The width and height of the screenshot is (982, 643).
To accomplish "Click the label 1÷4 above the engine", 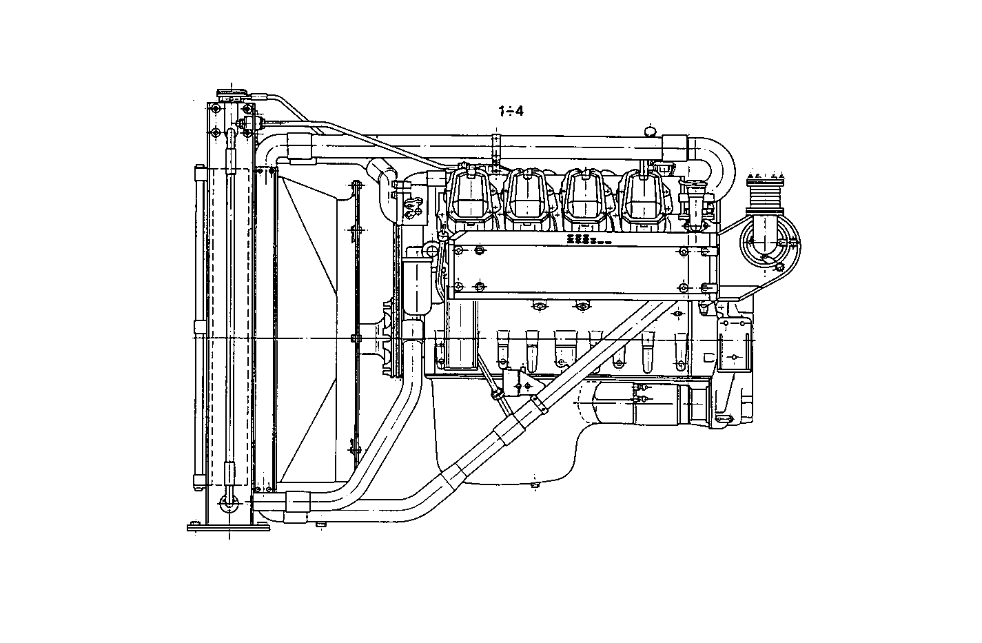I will point(511,111).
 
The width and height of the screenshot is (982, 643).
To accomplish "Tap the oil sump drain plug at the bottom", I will point(535,487).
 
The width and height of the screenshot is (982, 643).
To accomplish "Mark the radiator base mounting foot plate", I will point(227,528).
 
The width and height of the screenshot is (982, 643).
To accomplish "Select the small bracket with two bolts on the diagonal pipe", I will point(520,381).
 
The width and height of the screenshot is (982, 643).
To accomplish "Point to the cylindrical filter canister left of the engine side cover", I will point(419,283).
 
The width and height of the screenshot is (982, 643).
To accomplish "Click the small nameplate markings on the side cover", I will point(583,239).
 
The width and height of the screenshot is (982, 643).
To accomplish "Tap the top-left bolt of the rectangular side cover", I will point(459,250).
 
